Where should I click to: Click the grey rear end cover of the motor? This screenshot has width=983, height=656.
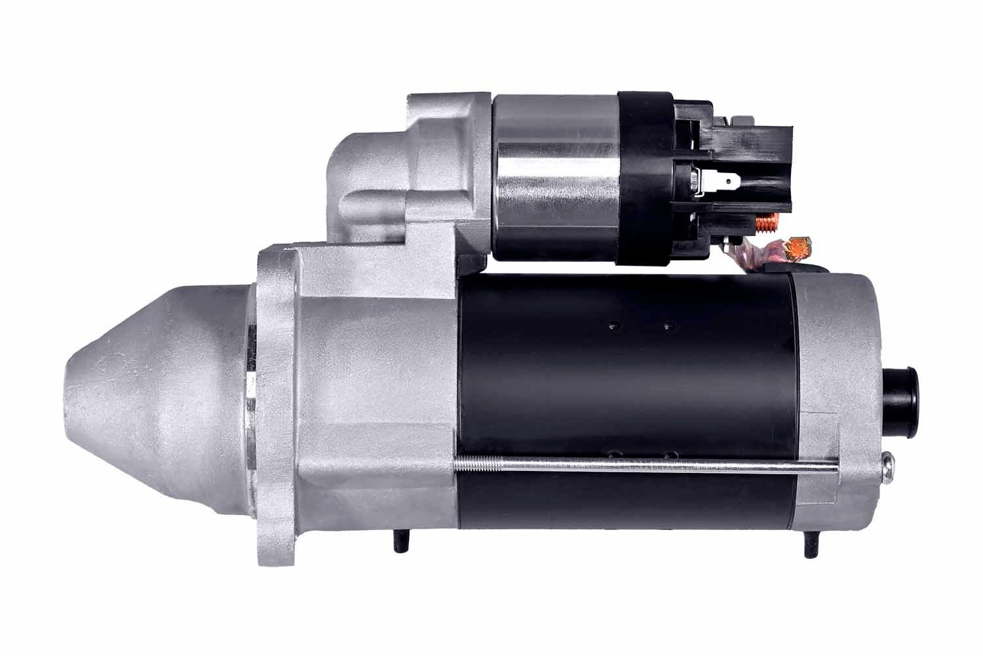(x=839, y=367)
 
